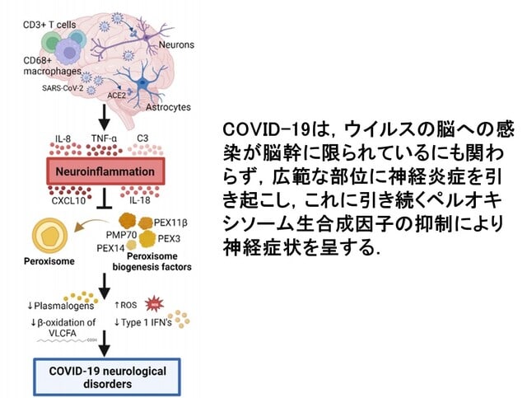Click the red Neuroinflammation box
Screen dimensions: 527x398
(105, 171)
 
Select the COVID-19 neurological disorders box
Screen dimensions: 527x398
(107, 377)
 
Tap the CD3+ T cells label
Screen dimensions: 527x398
(49, 25)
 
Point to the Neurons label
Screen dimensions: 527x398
(176, 44)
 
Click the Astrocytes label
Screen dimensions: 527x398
(168, 107)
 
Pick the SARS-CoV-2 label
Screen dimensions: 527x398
(63, 88)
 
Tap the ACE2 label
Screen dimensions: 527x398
(116, 96)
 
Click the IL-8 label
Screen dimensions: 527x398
(63, 138)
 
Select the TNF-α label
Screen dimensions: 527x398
(105, 138)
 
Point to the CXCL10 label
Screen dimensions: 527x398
(68, 200)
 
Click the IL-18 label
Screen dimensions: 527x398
(140, 200)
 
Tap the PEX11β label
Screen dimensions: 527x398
(170, 222)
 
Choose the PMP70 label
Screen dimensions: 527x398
(121, 235)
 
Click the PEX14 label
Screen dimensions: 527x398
(110, 248)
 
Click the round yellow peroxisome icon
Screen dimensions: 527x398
(49, 236)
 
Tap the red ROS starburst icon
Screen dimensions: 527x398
(154, 304)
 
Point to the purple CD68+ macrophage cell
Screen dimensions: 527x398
(69, 51)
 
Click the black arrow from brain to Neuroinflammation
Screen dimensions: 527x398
(105, 117)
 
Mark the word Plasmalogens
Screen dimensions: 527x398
(64, 306)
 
